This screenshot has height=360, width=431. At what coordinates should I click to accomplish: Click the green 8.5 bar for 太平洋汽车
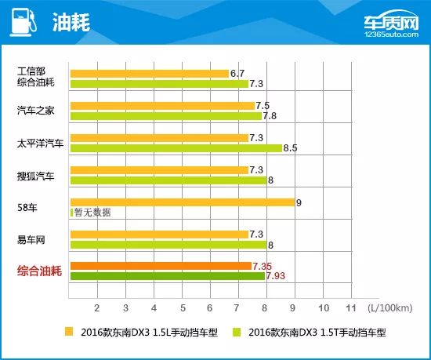[176, 147]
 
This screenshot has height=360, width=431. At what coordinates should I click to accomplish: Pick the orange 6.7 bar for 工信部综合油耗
[149, 74]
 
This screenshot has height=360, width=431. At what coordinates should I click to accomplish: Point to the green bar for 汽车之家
[165, 116]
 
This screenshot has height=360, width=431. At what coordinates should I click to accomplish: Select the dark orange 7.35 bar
[161, 266]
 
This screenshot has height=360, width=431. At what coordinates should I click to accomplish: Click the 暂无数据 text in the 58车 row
[93, 212]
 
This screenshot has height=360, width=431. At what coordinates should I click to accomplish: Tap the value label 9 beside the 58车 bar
[299, 202]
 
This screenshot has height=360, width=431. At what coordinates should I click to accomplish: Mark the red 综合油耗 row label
[42, 271]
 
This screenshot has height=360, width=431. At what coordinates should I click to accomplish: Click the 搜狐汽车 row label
[36, 175]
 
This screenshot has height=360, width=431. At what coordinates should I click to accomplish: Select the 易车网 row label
[31, 239]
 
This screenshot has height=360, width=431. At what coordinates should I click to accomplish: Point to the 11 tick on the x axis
[351, 307]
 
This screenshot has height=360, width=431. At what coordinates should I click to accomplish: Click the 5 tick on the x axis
[182, 307]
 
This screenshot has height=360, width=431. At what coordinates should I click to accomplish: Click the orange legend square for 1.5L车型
[69, 332]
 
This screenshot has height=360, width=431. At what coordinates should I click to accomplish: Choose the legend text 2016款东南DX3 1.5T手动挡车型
[317, 333]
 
